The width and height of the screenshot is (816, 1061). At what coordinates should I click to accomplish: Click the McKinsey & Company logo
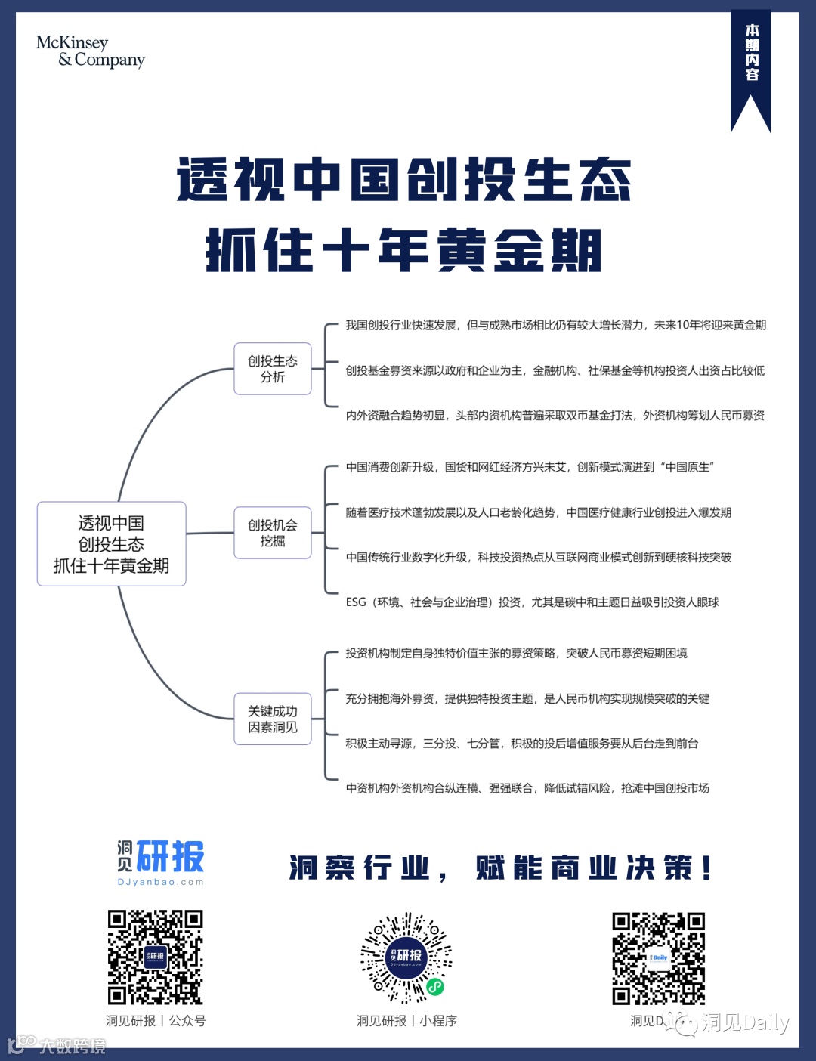91,51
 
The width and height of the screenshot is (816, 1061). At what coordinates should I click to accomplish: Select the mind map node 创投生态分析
273,369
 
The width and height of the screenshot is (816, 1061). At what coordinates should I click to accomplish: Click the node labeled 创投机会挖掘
273,533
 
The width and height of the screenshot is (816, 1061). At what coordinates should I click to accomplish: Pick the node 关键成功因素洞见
273,719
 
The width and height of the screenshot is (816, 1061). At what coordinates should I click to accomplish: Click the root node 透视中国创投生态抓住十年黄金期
112,544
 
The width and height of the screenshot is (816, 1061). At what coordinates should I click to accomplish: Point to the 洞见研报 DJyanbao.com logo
160,862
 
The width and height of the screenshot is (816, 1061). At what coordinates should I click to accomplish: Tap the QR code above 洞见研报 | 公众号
155,957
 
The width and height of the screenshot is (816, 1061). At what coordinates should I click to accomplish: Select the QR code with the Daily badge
658,958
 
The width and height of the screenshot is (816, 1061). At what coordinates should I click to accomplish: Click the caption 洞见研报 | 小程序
406,1021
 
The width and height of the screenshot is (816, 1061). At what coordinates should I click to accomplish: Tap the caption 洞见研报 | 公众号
155,1021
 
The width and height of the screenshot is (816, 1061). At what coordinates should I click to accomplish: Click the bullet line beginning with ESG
532,602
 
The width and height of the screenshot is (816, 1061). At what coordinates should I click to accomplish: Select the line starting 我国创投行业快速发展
555,325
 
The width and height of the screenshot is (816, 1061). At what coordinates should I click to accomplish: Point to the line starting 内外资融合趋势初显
555,416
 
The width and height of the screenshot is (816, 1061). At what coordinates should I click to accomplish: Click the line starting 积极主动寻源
521,744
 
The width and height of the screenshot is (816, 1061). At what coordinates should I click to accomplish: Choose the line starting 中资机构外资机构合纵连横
527,788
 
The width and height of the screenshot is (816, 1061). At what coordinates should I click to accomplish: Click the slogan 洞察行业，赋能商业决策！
500,868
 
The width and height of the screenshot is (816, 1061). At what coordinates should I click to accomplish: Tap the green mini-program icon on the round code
434,986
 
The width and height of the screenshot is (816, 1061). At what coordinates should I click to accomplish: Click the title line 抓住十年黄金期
404,250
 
